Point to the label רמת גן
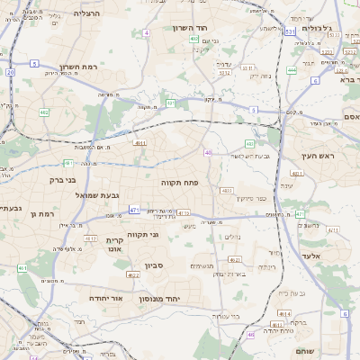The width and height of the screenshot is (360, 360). pos(42,213)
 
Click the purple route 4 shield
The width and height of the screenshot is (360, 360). pos(146,33)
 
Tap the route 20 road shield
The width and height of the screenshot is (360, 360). pos(10,72)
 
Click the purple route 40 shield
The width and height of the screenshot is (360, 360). pos(208,153)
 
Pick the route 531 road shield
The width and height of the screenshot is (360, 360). pos(290,31)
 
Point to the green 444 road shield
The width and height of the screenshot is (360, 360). pos(292,69)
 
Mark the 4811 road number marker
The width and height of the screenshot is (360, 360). pos(139,142)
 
